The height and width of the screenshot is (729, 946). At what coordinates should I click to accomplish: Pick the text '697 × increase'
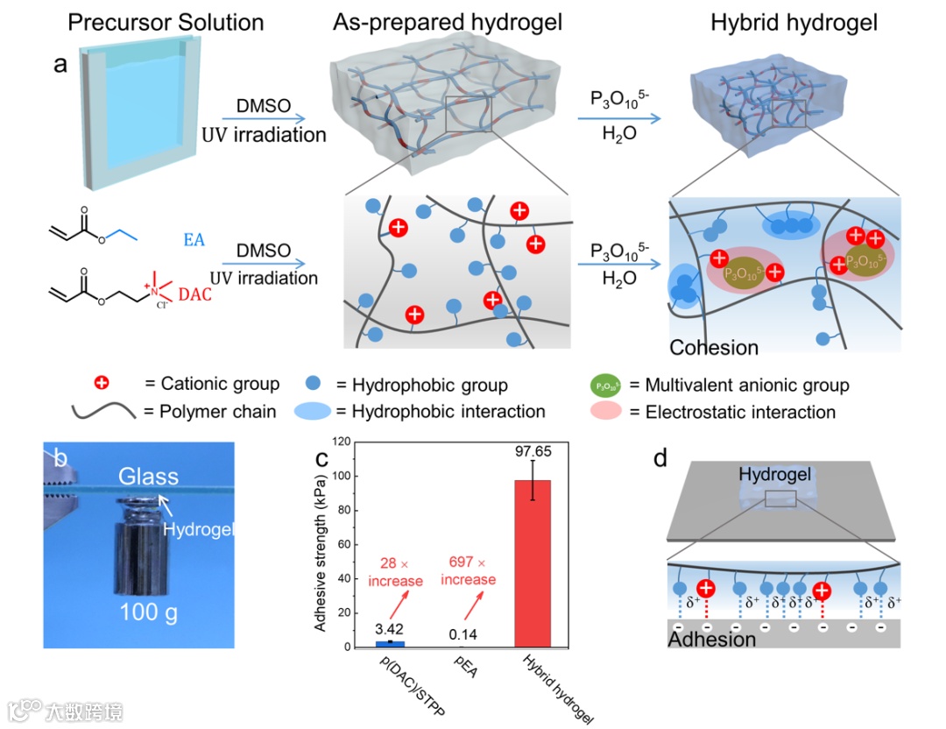click(x=469, y=572)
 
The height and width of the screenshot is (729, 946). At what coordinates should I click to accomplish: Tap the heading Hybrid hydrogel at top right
click(x=794, y=23)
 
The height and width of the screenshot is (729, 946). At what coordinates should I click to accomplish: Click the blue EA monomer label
click(x=194, y=238)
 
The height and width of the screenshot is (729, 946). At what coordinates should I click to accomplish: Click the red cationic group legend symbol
click(x=102, y=384)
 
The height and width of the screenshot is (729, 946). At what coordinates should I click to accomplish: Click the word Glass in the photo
click(x=149, y=476)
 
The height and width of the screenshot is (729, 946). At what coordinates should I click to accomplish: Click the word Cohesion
click(x=714, y=347)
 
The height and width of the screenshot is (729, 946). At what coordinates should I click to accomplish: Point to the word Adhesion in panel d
click(x=712, y=639)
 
